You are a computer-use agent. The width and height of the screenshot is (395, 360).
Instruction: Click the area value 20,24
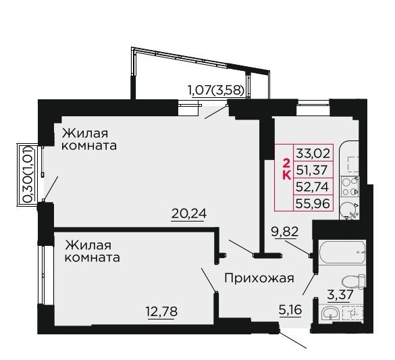pyautogui.click(x=189, y=214)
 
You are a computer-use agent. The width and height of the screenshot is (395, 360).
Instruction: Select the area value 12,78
pyautogui.click(x=162, y=311)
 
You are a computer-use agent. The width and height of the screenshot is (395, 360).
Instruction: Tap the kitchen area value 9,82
pyautogui.click(x=285, y=231)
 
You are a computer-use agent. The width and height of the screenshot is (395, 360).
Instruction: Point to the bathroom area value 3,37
pyautogui.click(x=340, y=294)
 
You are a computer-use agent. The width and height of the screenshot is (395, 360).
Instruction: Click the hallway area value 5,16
pyautogui.click(x=290, y=310)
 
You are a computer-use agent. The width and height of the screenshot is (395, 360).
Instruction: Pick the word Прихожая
pyautogui.click(x=259, y=279)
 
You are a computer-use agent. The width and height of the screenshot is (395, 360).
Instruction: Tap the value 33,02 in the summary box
pyautogui.click(x=313, y=153)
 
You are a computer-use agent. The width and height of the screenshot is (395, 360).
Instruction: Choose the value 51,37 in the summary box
pyautogui.click(x=312, y=170)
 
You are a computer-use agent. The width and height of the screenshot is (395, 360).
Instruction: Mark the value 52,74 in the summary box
pyautogui.click(x=313, y=186)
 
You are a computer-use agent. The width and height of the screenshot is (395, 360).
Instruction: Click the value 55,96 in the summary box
pyautogui.click(x=313, y=203)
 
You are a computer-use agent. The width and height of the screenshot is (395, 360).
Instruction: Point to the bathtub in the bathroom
pyautogui.click(x=342, y=253)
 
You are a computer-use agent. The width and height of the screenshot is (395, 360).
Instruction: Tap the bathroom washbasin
pyautogui.click(x=330, y=313)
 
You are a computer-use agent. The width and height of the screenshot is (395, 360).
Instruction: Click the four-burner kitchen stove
pyautogui.click(x=350, y=186)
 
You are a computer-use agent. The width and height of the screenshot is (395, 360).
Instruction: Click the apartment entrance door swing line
pyautogui.click(x=292, y=340)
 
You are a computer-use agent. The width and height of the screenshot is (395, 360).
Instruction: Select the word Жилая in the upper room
pyautogui.click(x=85, y=133)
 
